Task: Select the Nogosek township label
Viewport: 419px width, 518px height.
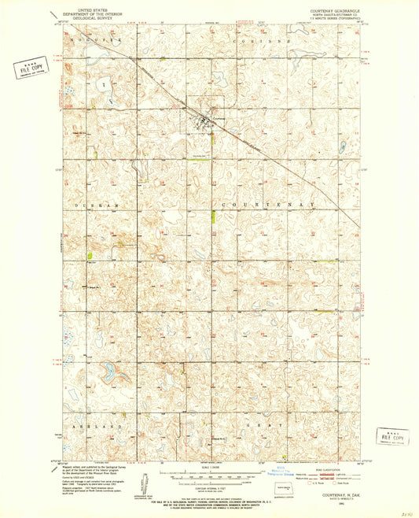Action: tap(86, 39)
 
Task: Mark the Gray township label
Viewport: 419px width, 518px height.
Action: tap(274, 424)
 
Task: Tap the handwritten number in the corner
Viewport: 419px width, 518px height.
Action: tap(402, 509)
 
